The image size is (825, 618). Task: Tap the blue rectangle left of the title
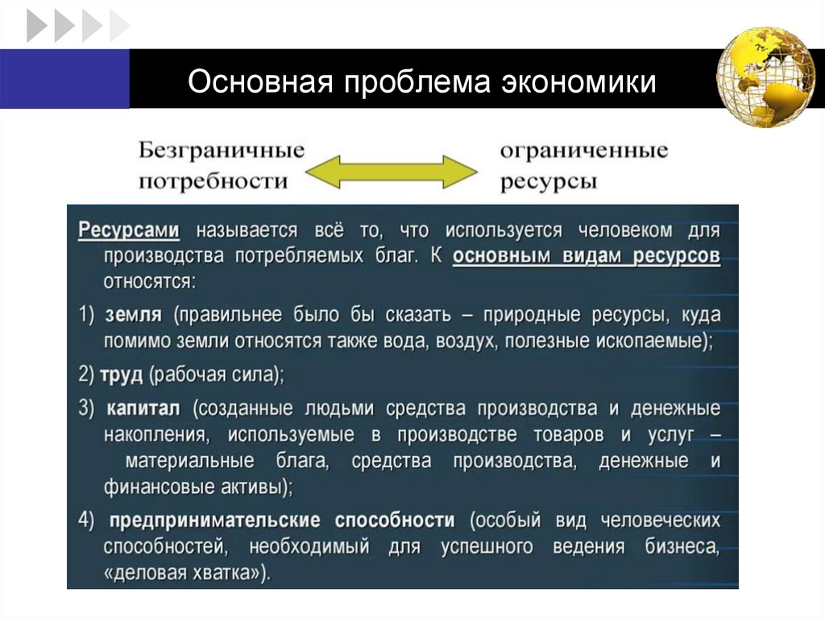(64, 78)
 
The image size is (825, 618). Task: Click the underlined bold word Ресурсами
(129, 230)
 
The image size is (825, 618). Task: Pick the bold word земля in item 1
(134, 313)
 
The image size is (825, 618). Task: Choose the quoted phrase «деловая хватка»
(187, 573)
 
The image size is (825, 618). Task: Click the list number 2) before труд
(87, 374)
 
